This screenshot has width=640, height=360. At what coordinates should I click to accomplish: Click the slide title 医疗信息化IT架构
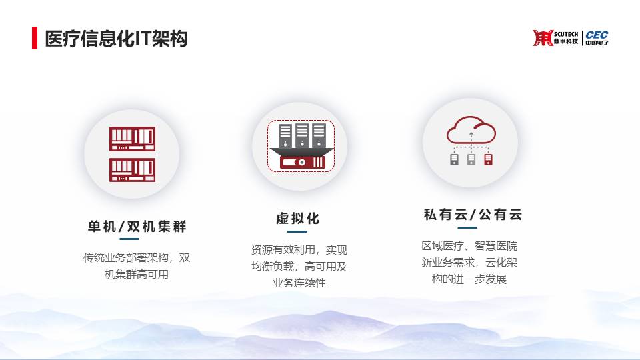point(116,39)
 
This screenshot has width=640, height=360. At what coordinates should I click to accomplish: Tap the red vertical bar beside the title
point(35,38)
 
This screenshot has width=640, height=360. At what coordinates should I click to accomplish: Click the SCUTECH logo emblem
point(543,38)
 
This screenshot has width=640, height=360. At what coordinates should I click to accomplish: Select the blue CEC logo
point(597,37)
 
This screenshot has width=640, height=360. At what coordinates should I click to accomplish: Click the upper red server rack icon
point(132,139)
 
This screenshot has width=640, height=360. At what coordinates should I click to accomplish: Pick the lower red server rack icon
point(132,170)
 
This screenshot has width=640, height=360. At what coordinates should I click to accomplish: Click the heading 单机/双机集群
point(137,226)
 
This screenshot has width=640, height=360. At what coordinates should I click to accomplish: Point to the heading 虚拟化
point(297,219)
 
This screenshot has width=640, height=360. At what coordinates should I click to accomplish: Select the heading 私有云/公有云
point(473,214)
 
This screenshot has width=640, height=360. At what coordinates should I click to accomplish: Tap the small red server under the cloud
point(488,159)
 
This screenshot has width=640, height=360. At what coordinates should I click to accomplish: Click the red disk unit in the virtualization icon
point(303,163)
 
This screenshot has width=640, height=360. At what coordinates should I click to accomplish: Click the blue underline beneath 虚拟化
point(297,231)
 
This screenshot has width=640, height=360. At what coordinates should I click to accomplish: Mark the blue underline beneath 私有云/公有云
point(467,227)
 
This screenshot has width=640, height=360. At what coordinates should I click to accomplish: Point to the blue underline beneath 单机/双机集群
point(129,239)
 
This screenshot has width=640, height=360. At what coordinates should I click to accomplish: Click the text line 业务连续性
point(299,283)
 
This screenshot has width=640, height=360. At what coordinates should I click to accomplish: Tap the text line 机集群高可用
point(137,274)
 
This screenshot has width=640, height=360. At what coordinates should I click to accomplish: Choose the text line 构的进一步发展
point(469,279)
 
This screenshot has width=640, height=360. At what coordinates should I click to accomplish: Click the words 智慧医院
point(496,246)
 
